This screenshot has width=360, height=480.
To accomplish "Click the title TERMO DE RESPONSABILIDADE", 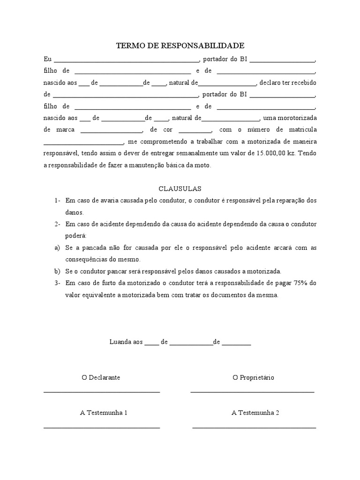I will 180,46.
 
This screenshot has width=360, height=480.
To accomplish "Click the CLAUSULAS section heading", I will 180,189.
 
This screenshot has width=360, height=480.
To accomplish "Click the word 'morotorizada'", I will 297,118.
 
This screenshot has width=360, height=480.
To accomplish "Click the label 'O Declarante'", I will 101,377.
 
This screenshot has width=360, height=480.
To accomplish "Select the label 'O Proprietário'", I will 253,377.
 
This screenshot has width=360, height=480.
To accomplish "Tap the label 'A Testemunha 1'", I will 104,413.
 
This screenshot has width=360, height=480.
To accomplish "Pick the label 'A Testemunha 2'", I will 255,413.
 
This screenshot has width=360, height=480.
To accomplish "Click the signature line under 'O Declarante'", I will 102,391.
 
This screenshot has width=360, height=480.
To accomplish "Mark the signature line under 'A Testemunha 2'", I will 254,427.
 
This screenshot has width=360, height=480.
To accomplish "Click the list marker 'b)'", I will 57,271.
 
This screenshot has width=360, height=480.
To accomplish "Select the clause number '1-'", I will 57,201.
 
